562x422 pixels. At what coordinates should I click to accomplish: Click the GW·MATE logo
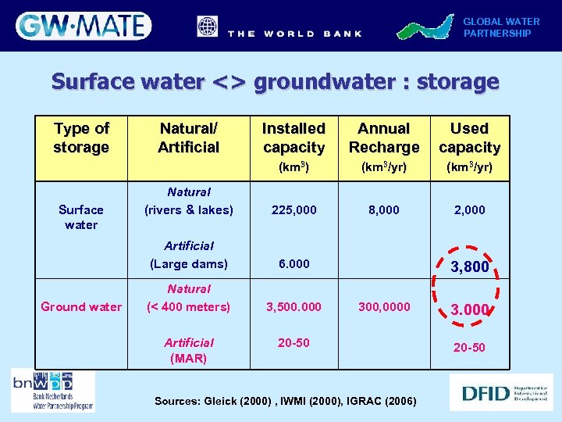coord(84,26)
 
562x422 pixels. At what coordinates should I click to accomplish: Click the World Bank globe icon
coord(208,27)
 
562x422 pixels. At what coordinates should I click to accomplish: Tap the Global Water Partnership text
coord(501,27)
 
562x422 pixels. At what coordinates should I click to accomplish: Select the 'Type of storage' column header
coord(81,138)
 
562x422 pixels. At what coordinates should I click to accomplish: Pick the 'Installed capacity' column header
coord(293,138)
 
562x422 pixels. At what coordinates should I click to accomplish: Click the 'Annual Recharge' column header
coord(383,138)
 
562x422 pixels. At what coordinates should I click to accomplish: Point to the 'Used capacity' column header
coord(469,138)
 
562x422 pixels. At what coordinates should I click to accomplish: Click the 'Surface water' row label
coord(81,217)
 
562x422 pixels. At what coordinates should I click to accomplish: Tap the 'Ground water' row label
coord(81,307)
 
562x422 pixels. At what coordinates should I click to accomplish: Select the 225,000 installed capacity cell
coord(293,209)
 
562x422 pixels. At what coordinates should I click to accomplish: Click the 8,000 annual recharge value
coord(383,209)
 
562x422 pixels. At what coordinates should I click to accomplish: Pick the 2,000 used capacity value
coord(469,209)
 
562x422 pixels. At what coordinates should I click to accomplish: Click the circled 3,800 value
coord(470,267)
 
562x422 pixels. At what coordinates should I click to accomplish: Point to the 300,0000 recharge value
coord(383,307)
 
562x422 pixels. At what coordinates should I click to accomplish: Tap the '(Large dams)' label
coord(189,264)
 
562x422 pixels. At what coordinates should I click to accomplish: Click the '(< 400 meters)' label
coord(189,307)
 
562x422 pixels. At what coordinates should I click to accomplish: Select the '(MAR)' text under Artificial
coord(189,359)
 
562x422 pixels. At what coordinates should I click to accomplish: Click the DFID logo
coord(501,392)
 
